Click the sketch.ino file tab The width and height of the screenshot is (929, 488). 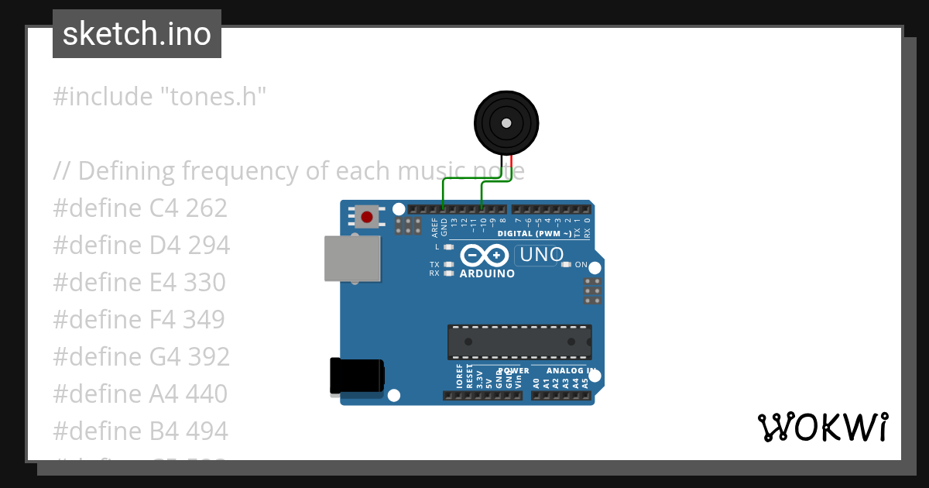(137, 34)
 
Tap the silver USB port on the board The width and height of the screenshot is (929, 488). (352, 258)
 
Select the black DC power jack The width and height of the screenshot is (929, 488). (356, 376)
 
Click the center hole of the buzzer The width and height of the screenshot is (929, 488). (506, 123)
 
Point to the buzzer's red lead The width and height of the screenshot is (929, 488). (511, 164)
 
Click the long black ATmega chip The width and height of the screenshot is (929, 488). (519, 342)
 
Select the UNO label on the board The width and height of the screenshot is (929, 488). (540, 254)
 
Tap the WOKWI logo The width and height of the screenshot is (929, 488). (822, 427)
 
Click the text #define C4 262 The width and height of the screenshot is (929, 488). (140, 208)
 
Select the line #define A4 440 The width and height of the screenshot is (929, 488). (140, 393)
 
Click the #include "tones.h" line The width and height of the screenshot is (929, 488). (159, 97)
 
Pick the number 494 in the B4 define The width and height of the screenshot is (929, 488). (207, 431)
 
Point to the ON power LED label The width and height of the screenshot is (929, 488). (581, 264)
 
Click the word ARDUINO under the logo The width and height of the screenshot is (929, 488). (487, 273)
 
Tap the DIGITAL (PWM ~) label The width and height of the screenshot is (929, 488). (534, 233)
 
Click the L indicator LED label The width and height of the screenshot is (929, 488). (437, 246)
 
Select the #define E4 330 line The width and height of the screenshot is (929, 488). (139, 282)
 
